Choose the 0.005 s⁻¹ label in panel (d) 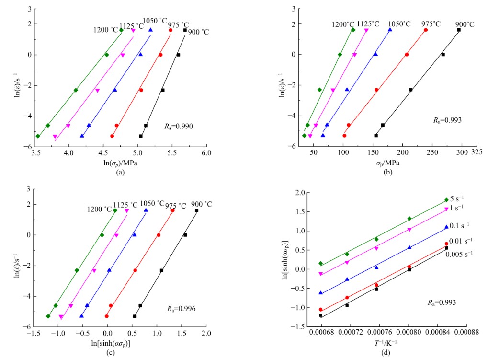click(x=460, y=254)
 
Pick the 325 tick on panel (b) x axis click(x=477, y=152)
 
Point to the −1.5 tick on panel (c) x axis click(x=33, y=333)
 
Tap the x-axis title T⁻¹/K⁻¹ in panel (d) click(x=385, y=342)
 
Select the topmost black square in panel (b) click(x=459, y=30)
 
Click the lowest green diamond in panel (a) click(x=38, y=136)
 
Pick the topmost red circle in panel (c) click(x=172, y=210)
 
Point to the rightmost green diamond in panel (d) click(x=446, y=200)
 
